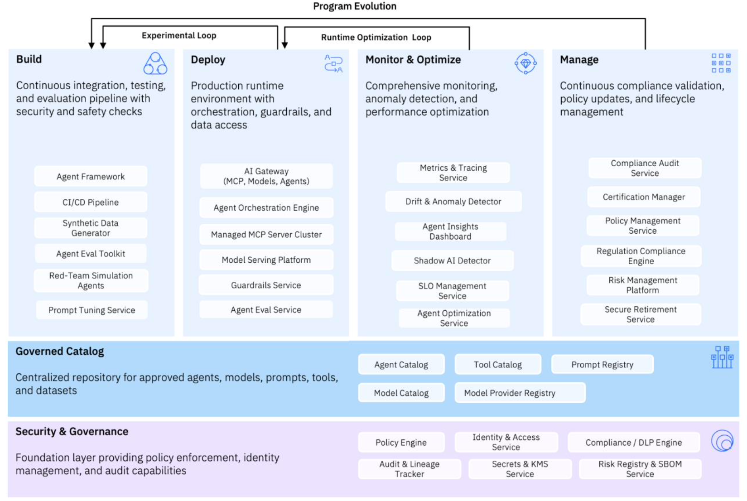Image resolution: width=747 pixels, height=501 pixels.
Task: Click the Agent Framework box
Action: point(90,176)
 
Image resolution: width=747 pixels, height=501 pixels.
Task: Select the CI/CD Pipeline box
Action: point(90,202)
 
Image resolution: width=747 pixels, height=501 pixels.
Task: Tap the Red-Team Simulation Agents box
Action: point(91,280)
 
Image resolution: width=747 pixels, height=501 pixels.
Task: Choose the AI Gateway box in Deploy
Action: point(266,176)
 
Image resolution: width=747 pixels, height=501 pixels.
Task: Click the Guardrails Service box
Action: point(266,285)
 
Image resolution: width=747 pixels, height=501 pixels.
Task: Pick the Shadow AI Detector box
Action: point(452,260)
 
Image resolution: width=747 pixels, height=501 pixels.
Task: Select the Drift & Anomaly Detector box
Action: point(453,201)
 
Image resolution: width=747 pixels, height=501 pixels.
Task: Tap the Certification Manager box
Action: point(644,197)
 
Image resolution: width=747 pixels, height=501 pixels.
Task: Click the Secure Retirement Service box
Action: point(641,314)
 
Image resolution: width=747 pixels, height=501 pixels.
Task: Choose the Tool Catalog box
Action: point(497,364)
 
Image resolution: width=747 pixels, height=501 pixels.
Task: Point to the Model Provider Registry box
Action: point(520,393)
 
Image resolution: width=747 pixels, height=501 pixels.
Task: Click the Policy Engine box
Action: point(401,442)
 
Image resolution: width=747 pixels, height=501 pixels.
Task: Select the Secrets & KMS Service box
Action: point(520,469)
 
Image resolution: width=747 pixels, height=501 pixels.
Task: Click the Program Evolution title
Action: point(355,6)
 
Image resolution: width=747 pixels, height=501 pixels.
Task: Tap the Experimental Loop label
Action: point(179,35)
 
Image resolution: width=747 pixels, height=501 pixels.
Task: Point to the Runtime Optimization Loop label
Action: point(376,37)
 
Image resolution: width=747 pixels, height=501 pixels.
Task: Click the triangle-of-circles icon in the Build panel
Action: point(155,63)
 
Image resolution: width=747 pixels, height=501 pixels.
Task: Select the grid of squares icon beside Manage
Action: point(721,63)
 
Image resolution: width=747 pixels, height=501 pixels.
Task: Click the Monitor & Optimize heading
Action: point(413,59)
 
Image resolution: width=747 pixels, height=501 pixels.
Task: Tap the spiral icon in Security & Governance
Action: point(722,441)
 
